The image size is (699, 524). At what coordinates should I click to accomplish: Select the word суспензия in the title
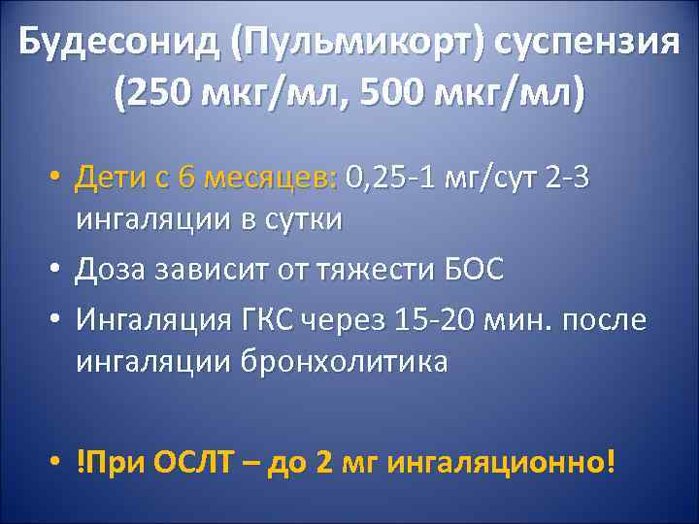pyautogui.click(x=582, y=43)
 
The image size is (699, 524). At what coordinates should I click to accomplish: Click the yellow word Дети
pyautogui.click(x=110, y=178)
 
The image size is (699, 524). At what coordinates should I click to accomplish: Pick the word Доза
pyautogui.click(x=112, y=270)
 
